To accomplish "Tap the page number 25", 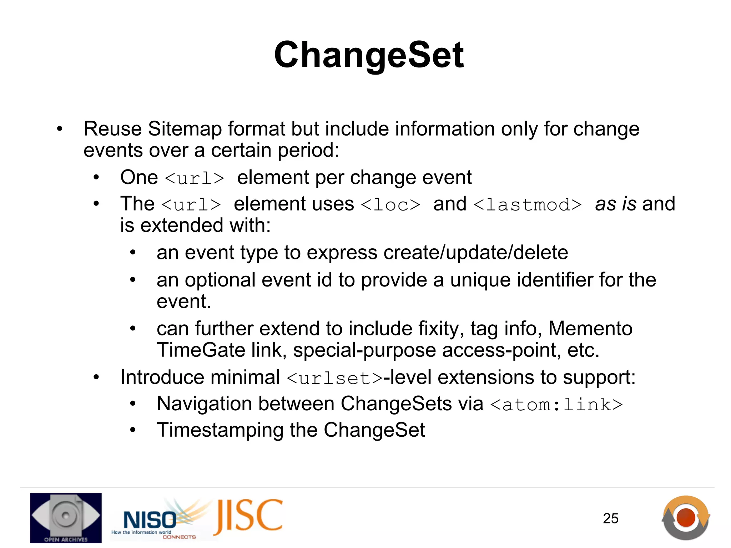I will coord(610,518).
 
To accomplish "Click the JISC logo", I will coord(248,516).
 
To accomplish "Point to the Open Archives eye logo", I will coord(66,517).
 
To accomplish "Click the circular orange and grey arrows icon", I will coord(685,518).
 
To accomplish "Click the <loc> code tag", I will coord(390,204).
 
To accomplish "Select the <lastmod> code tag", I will coord(528,204).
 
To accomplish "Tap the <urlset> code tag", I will coord(334,378).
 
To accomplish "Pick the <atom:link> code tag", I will coord(556,404).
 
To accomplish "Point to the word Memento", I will coord(590,328).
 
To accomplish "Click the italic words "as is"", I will coord(616,204).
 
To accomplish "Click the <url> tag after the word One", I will coord(195,178).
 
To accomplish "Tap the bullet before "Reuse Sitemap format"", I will coord(60,129).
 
